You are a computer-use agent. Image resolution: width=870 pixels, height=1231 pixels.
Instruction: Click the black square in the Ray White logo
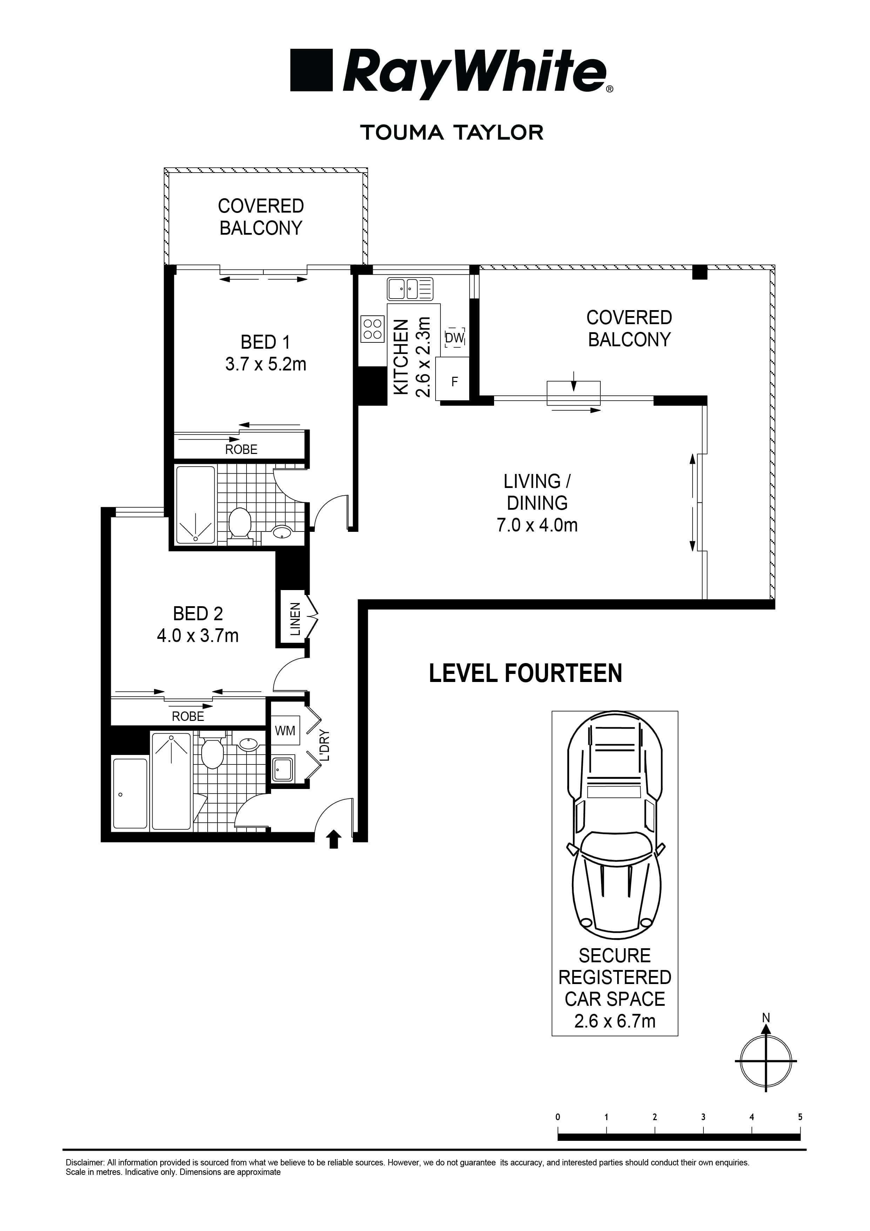pos(311,70)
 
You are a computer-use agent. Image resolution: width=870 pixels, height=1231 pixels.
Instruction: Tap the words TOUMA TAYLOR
pos(452,132)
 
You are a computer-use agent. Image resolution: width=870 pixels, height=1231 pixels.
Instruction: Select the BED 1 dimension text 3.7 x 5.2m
pos(265,364)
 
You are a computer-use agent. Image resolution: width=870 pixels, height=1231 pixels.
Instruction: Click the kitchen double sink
pos(410,289)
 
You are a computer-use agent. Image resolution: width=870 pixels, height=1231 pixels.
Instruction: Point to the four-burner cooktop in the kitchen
pos(372,329)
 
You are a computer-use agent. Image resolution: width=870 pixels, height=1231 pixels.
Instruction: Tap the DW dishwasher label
pos(454,338)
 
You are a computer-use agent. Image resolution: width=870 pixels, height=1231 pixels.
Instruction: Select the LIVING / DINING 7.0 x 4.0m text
pos(537,503)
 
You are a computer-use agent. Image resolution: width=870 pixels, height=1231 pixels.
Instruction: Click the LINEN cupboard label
pos(295,619)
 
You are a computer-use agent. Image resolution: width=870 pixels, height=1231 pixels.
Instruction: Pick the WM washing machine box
pos(285,731)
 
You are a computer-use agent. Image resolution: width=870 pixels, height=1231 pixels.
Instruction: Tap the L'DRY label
pos(324,746)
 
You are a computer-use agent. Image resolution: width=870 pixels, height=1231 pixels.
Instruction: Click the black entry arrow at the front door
pos(334,838)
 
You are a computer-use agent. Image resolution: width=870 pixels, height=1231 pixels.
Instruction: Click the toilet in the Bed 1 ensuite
pos(240,522)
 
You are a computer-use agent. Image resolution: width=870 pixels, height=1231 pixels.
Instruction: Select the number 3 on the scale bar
pos(703,1117)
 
